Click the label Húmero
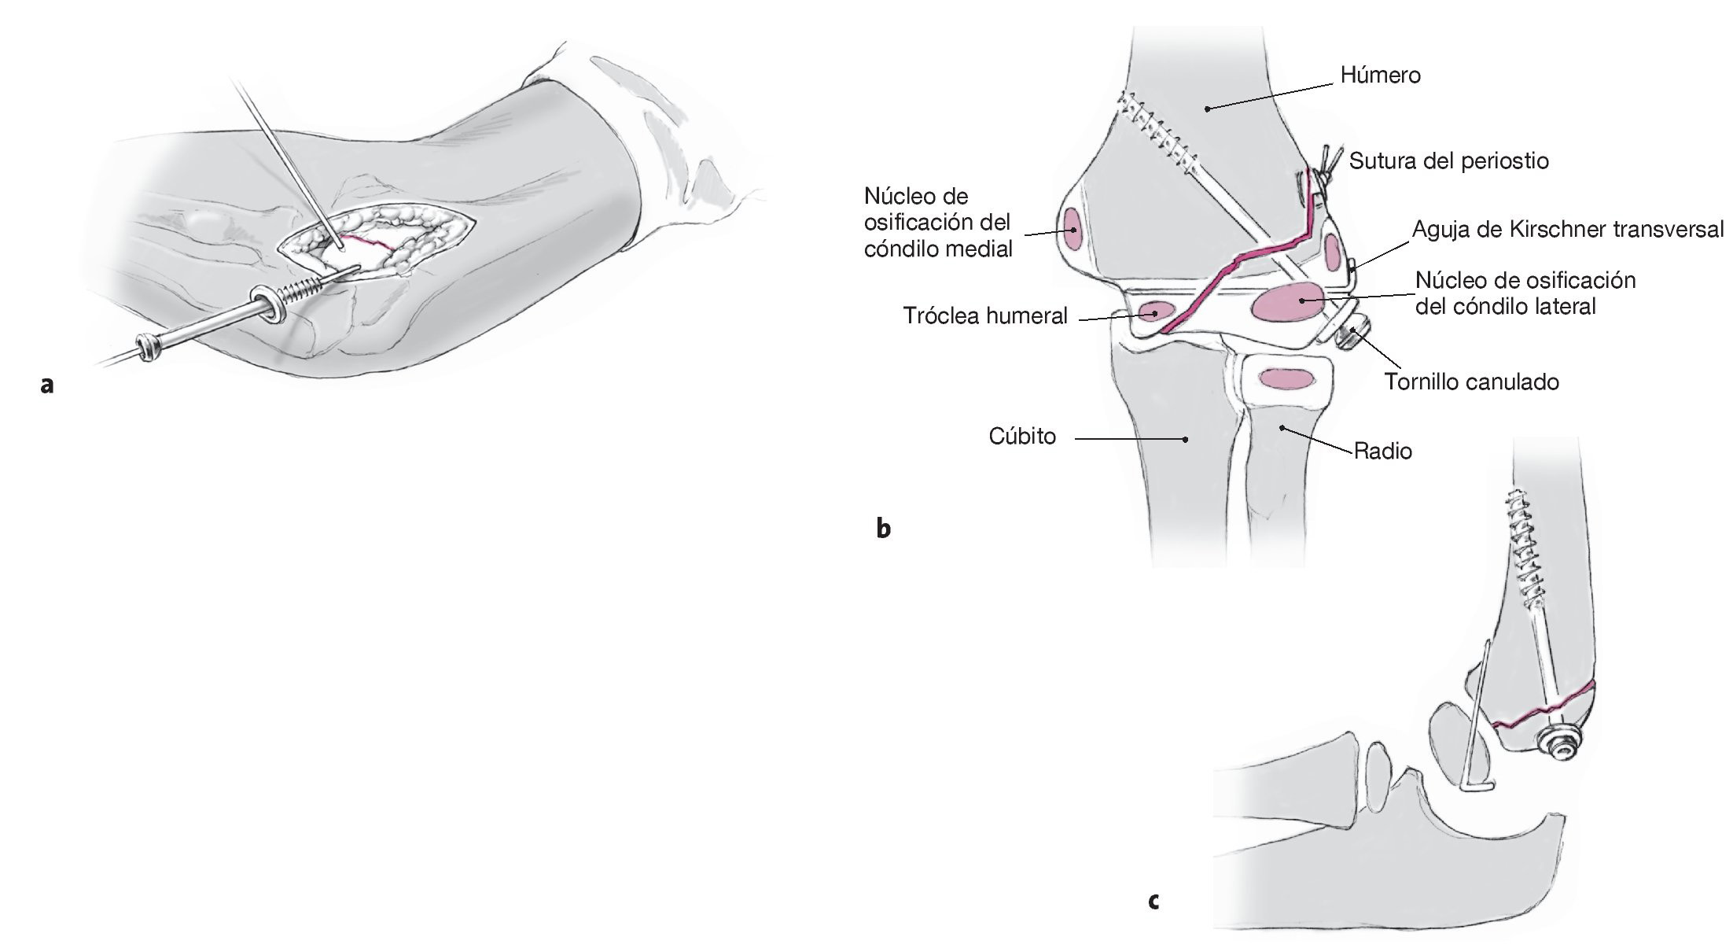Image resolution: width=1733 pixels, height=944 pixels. click(1380, 76)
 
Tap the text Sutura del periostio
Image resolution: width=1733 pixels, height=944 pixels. click(1448, 161)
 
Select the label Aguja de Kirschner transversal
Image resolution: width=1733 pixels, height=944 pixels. click(1568, 230)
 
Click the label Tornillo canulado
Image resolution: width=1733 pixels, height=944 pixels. click(1471, 382)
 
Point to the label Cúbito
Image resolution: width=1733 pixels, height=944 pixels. click(1022, 437)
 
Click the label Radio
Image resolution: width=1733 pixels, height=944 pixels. click(1383, 452)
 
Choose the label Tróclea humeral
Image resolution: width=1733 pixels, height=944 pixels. click(984, 316)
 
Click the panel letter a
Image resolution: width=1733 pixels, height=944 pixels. click(47, 385)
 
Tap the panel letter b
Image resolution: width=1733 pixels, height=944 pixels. click(884, 529)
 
